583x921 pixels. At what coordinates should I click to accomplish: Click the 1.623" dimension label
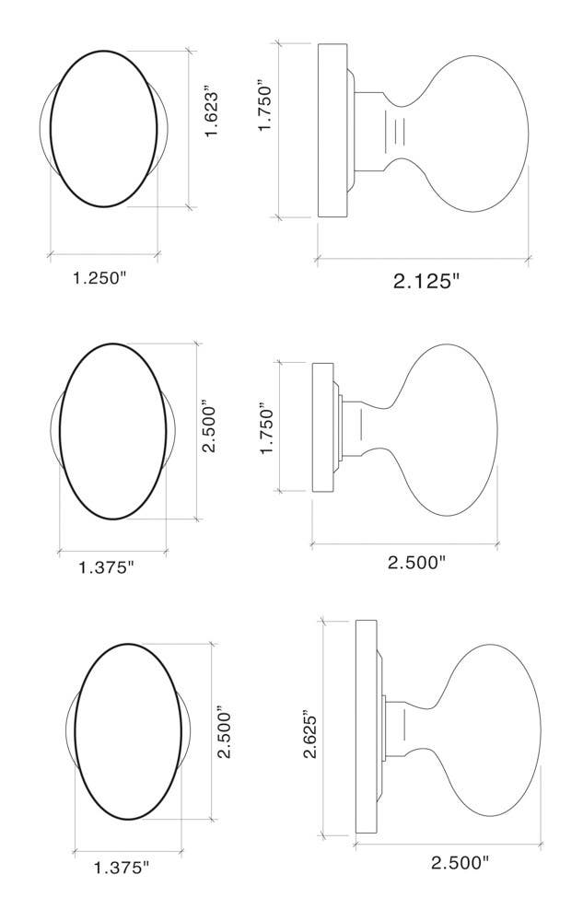[214, 113]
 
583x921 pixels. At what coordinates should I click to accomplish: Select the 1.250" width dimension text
[99, 278]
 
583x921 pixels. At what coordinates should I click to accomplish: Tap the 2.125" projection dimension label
[426, 282]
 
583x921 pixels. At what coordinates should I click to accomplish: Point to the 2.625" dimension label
[311, 734]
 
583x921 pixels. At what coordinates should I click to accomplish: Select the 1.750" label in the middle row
[267, 426]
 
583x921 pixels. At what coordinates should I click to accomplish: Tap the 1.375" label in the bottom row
[121, 867]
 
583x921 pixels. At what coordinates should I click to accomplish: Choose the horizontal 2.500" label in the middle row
[416, 562]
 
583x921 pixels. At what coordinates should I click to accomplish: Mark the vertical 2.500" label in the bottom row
[224, 733]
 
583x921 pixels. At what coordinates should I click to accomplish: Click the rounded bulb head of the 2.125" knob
[479, 129]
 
